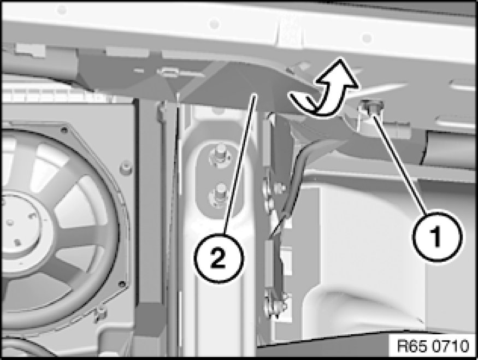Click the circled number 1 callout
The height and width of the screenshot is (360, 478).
pyautogui.click(x=437, y=236)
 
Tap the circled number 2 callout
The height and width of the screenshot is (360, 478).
pyautogui.click(x=219, y=258)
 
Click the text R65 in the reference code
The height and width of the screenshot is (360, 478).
pyautogui.click(x=409, y=346)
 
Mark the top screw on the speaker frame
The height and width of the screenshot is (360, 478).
pyautogui.click(x=64, y=130)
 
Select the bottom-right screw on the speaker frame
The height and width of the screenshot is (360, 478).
pyautogui.click(x=122, y=285)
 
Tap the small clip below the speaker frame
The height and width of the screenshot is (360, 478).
pyautogui.click(x=99, y=315)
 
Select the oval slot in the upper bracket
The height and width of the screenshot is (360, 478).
pyautogui.click(x=167, y=72)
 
